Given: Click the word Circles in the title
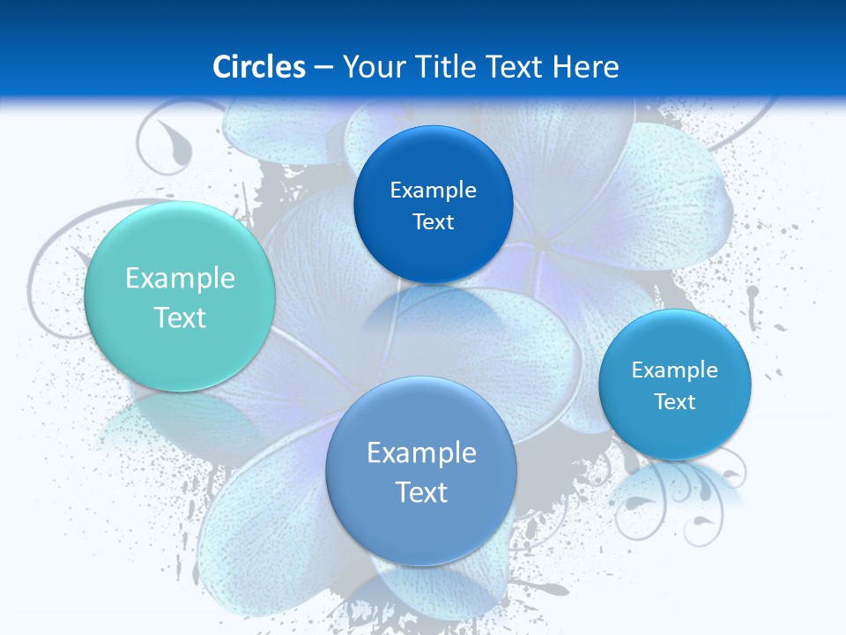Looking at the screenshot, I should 259,67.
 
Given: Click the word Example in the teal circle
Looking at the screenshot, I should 180,279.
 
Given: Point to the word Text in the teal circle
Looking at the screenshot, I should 180,317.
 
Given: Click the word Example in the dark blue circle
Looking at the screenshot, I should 433,190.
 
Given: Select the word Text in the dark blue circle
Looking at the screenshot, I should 433,221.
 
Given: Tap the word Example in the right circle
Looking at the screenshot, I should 675,370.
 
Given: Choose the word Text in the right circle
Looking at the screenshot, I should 675,401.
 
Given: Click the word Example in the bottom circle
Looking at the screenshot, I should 421,452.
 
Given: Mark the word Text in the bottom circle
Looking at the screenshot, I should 421,492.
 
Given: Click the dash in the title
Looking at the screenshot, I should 323,67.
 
